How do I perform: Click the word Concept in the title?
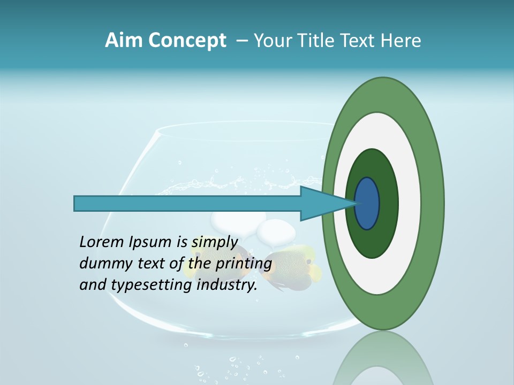click(x=187, y=41)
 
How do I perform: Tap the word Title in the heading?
click(x=314, y=41)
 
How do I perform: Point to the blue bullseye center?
click(x=367, y=204)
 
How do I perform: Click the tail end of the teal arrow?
click(x=78, y=204)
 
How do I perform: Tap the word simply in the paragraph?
click(x=214, y=242)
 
